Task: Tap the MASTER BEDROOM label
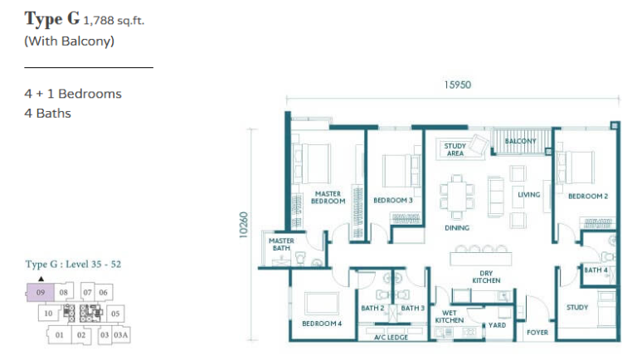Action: (328, 197)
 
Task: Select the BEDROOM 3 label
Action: (393, 201)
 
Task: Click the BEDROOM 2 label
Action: (588, 197)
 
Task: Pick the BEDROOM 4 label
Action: (322, 324)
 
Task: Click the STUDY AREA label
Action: (454, 150)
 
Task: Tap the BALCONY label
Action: (522, 141)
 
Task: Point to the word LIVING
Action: (528, 195)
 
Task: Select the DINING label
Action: (457, 228)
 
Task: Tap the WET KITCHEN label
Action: (449, 316)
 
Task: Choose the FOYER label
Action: (537, 333)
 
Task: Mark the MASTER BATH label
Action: (282, 244)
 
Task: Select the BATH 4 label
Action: (595, 270)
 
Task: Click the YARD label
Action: (497, 325)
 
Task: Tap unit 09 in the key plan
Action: (40, 293)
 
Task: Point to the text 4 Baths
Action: (48, 114)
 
